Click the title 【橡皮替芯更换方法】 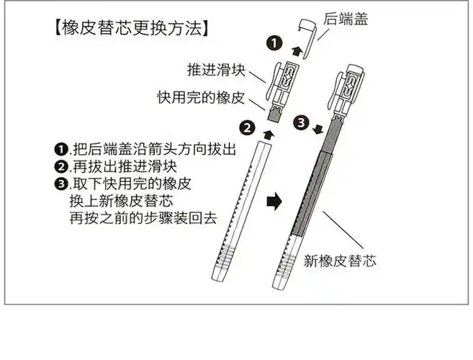132,30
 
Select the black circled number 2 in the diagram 247,128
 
